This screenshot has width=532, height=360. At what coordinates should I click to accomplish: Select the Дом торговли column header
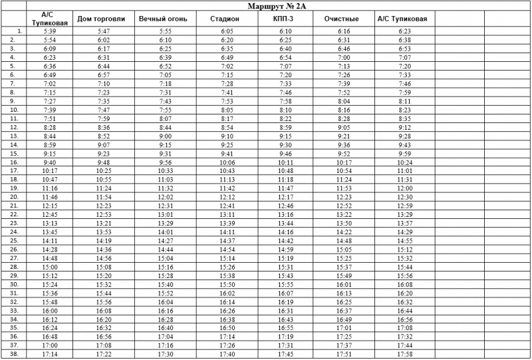click(x=101, y=19)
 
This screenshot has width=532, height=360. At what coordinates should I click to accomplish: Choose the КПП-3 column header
click(x=285, y=19)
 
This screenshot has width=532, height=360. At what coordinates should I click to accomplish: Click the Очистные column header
click(x=342, y=19)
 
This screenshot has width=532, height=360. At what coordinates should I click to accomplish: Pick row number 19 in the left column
click(x=13, y=188)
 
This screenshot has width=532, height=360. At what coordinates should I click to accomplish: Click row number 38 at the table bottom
click(x=13, y=354)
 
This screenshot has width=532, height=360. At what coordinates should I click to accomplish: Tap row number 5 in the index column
click(x=13, y=67)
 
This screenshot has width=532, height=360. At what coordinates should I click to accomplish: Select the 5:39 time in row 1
click(x=49, y=31)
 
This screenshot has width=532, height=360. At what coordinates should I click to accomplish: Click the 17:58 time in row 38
click(x=404, y=354)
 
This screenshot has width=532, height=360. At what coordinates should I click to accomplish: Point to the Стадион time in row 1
click(x=227, y=31)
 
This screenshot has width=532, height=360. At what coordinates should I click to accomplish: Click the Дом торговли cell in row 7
click(x=102, y=84)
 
